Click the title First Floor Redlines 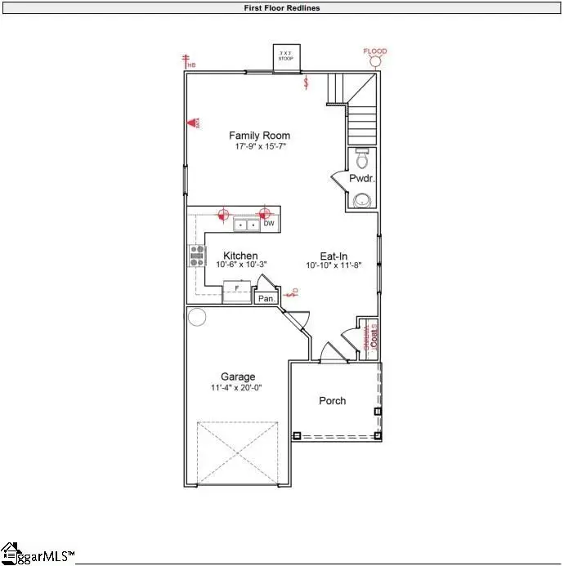(x=281, y=8)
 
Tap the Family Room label (x=259, y=136)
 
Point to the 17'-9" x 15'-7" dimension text (x=259, y=146)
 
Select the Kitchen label (x=241, y=256)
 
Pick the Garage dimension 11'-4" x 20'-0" (x=238, y=388)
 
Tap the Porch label (x=332, y=400)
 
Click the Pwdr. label (x=361, y=178)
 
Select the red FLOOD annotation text (x=375, y=51)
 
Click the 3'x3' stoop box (x=286, y=57)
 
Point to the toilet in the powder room (x=363, y=156)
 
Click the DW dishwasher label (x=268, y=223)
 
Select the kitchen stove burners (x=196, y=256)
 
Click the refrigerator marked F (x=236, y=290)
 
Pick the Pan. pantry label (x=266, y=299)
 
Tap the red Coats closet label (x=373, y=336)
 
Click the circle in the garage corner (x=197, y=317)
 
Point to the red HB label (x=191, y=65)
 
